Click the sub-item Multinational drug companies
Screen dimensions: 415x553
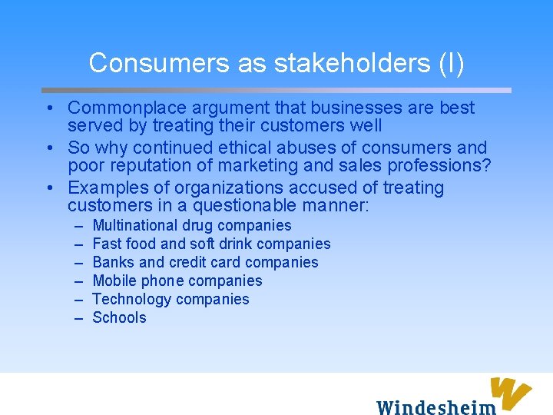192,226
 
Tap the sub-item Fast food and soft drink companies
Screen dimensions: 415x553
211,244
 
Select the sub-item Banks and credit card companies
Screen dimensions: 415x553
205,263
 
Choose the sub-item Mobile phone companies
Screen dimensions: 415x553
177,281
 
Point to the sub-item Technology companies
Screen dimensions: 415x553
171,300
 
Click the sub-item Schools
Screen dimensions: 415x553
119,318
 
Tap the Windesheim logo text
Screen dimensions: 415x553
435,406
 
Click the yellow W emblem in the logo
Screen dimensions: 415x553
511,391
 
